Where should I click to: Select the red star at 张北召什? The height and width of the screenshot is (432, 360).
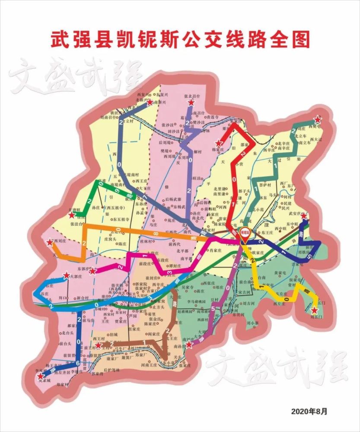click(x=191, y=103)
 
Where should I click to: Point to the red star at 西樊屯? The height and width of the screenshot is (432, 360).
click(x=318, y=120)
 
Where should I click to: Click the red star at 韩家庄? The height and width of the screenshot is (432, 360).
click(x=219, y=143)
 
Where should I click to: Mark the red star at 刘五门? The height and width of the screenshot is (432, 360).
click(x=314, y=310)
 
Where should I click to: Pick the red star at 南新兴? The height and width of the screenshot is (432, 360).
click(x=150, y=103)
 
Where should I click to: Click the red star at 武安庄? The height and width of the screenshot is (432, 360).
click(x=304, y=216)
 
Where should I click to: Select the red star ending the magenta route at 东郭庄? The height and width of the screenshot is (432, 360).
click(x=92, y=271)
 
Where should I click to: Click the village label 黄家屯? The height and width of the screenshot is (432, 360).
click(x=281, y=273)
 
